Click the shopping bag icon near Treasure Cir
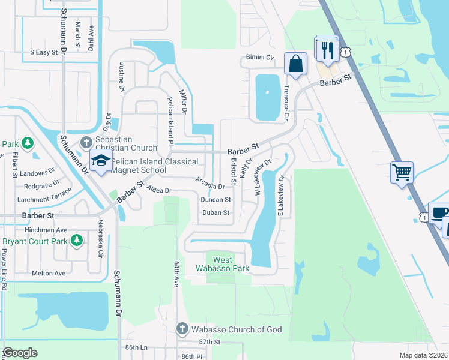click(296, 64)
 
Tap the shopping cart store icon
click(401, 172)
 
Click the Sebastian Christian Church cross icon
click(86, 143)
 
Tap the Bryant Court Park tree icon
click(76, 241)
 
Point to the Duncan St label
click(215, 199)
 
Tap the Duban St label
click(215, 212)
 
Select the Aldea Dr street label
click(159, 190)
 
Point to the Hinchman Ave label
click(46, 230)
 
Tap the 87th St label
click(210, 341)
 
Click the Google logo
click(20, 352)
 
